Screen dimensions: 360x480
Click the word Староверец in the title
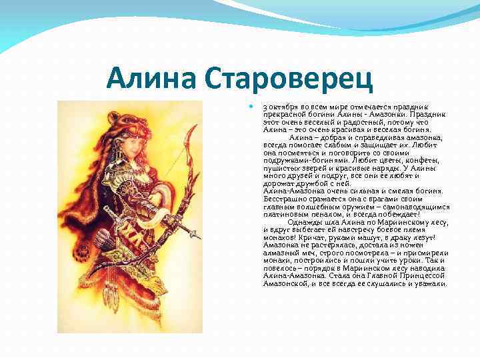click(288, 80)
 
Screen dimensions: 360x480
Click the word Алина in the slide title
click(154, 80)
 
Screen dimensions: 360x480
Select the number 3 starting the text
click(265, 107)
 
